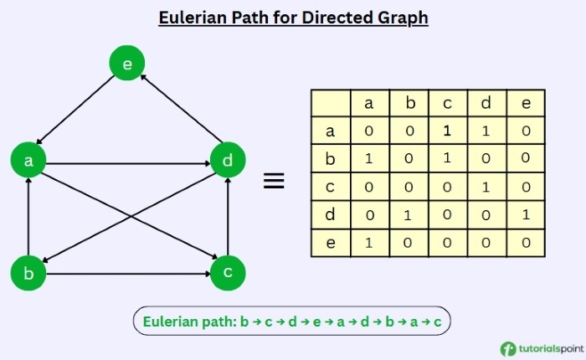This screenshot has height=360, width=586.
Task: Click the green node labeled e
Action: click(127, 64)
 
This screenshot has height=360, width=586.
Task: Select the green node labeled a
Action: click(28, 161)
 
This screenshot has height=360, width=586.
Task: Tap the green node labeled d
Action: click(228, 161)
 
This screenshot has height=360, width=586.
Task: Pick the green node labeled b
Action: click(28, 273)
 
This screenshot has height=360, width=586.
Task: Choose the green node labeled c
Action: click(228, 273)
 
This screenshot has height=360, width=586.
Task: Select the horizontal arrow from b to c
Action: click(128, 273)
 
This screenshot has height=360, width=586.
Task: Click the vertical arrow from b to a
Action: click(28, 217)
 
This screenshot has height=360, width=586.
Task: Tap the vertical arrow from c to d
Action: click(228, 217)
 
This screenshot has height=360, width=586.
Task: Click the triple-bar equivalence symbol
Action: click(274, 181)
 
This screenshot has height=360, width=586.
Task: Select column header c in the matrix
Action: click(447, 104)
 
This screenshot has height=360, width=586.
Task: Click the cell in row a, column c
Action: click(447, 131)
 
